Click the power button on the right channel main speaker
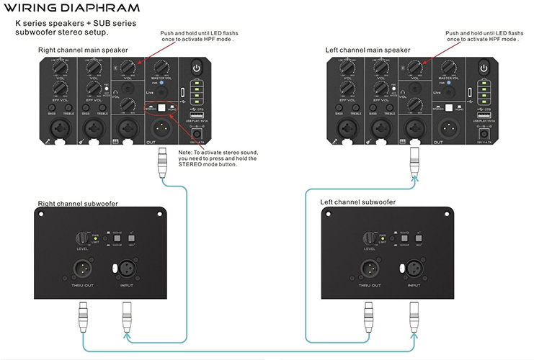pos(195,68)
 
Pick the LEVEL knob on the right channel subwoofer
pos(86,237)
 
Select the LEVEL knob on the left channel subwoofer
pos(370,237)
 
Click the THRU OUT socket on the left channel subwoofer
pos(370,270)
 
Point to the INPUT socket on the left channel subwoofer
pos(414,270)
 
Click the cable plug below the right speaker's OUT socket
pos(161,161)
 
